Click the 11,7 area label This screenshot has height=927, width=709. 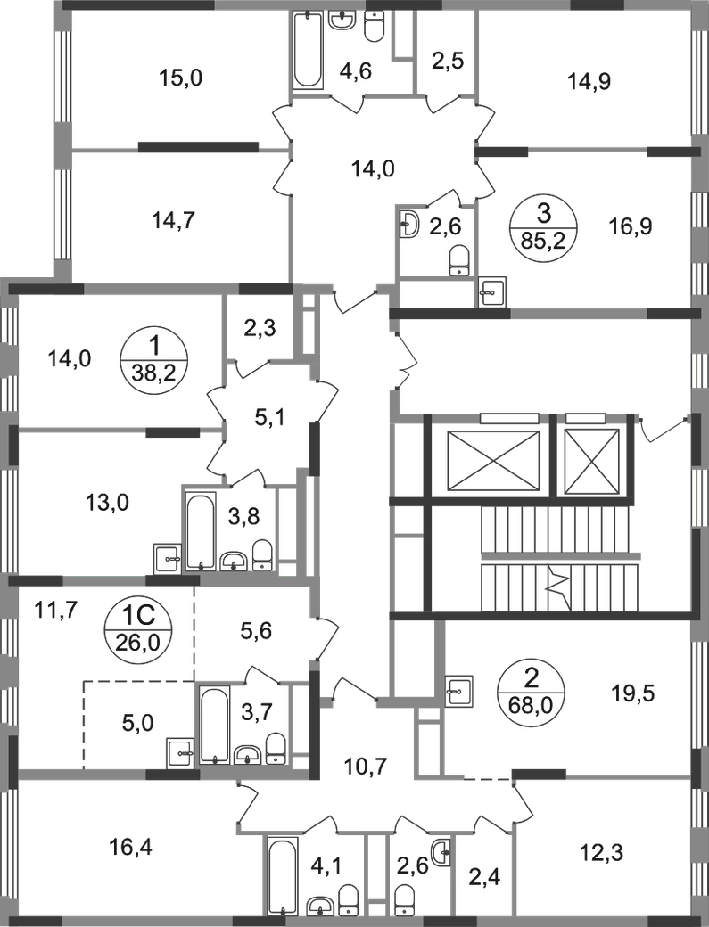tap(62, 610)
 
